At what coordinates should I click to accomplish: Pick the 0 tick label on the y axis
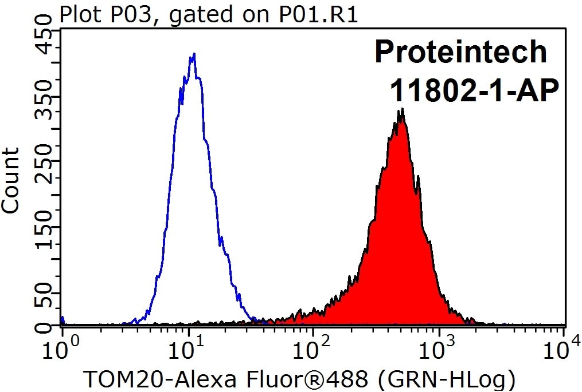[44, 327]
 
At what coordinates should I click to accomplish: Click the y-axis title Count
[11, 180]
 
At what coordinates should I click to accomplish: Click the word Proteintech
[460, 52]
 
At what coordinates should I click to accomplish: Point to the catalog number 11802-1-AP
[474, 90]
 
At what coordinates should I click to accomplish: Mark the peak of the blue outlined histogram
[194, 54]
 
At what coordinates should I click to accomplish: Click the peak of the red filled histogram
[403, 109]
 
